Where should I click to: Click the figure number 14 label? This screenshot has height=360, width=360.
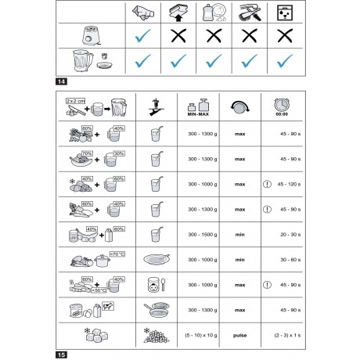pyautogui.click(x=61, y=82)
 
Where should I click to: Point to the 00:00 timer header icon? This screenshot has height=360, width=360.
pyautogui.click(x=283, y=107)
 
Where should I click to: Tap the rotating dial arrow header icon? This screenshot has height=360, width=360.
pyautogui.click(x=240, y=107)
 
